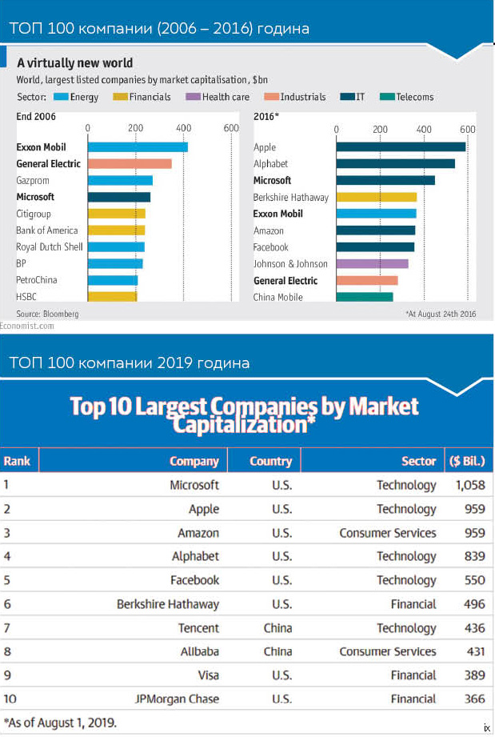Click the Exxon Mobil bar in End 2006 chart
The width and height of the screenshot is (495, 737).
(x=138, y=147)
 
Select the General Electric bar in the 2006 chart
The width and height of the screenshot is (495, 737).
(x=130, y=164)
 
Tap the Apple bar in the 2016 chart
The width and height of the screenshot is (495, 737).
(x=401, y=147)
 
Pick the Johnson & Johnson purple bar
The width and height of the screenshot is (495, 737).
(x=373, y=264)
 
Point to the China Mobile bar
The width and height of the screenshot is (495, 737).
(x=365, y=297)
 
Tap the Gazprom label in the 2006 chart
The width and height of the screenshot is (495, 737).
(x=33, y=181)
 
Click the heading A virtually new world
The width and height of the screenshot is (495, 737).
(x=75, y=62)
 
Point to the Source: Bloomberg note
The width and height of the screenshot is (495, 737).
(x=47, y=314)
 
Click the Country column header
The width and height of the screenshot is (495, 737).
(x=270, y=461)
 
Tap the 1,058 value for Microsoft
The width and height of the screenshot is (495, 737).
(x=469, y=485)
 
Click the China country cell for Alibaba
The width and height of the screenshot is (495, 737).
(x=277, y=651)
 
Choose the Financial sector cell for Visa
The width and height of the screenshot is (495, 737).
(x=413, y=675)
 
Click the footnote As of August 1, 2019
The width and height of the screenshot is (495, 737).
(x=60, y=722)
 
